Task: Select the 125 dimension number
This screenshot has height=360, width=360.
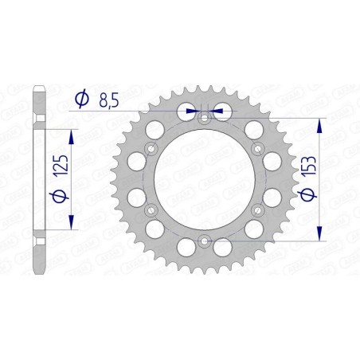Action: point(65,168)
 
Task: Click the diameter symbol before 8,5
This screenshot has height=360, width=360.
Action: point(82,99)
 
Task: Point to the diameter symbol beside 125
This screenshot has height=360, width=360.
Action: point(65,196)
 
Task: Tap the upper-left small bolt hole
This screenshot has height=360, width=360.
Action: point(151,149)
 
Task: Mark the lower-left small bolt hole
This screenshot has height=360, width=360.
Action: point(151,210)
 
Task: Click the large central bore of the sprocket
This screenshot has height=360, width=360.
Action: point(203,180)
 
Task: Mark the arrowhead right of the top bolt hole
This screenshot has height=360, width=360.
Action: point(217,112)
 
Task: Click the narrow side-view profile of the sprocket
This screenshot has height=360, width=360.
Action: point(40,180)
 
